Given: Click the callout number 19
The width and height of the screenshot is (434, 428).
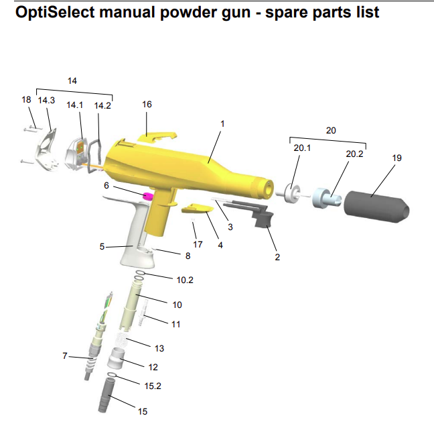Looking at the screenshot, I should pos(397,158).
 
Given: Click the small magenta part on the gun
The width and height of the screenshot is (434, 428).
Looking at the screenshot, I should pos(148,195).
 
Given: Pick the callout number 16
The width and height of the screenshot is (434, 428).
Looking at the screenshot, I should pos(147,105).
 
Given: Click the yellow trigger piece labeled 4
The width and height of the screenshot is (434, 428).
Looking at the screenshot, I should pos(198,210).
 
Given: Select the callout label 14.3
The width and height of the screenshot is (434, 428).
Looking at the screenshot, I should pos(46,100).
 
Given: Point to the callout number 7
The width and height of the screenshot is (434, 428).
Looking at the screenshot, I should pos(66,356).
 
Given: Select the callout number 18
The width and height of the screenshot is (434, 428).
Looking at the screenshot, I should pos(26,99).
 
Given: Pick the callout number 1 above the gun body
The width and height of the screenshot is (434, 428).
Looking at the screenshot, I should pos(222,124).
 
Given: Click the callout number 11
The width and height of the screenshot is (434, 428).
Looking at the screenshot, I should pos(177,323).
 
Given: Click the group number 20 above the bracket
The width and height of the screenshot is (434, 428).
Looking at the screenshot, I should pos(330,130).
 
